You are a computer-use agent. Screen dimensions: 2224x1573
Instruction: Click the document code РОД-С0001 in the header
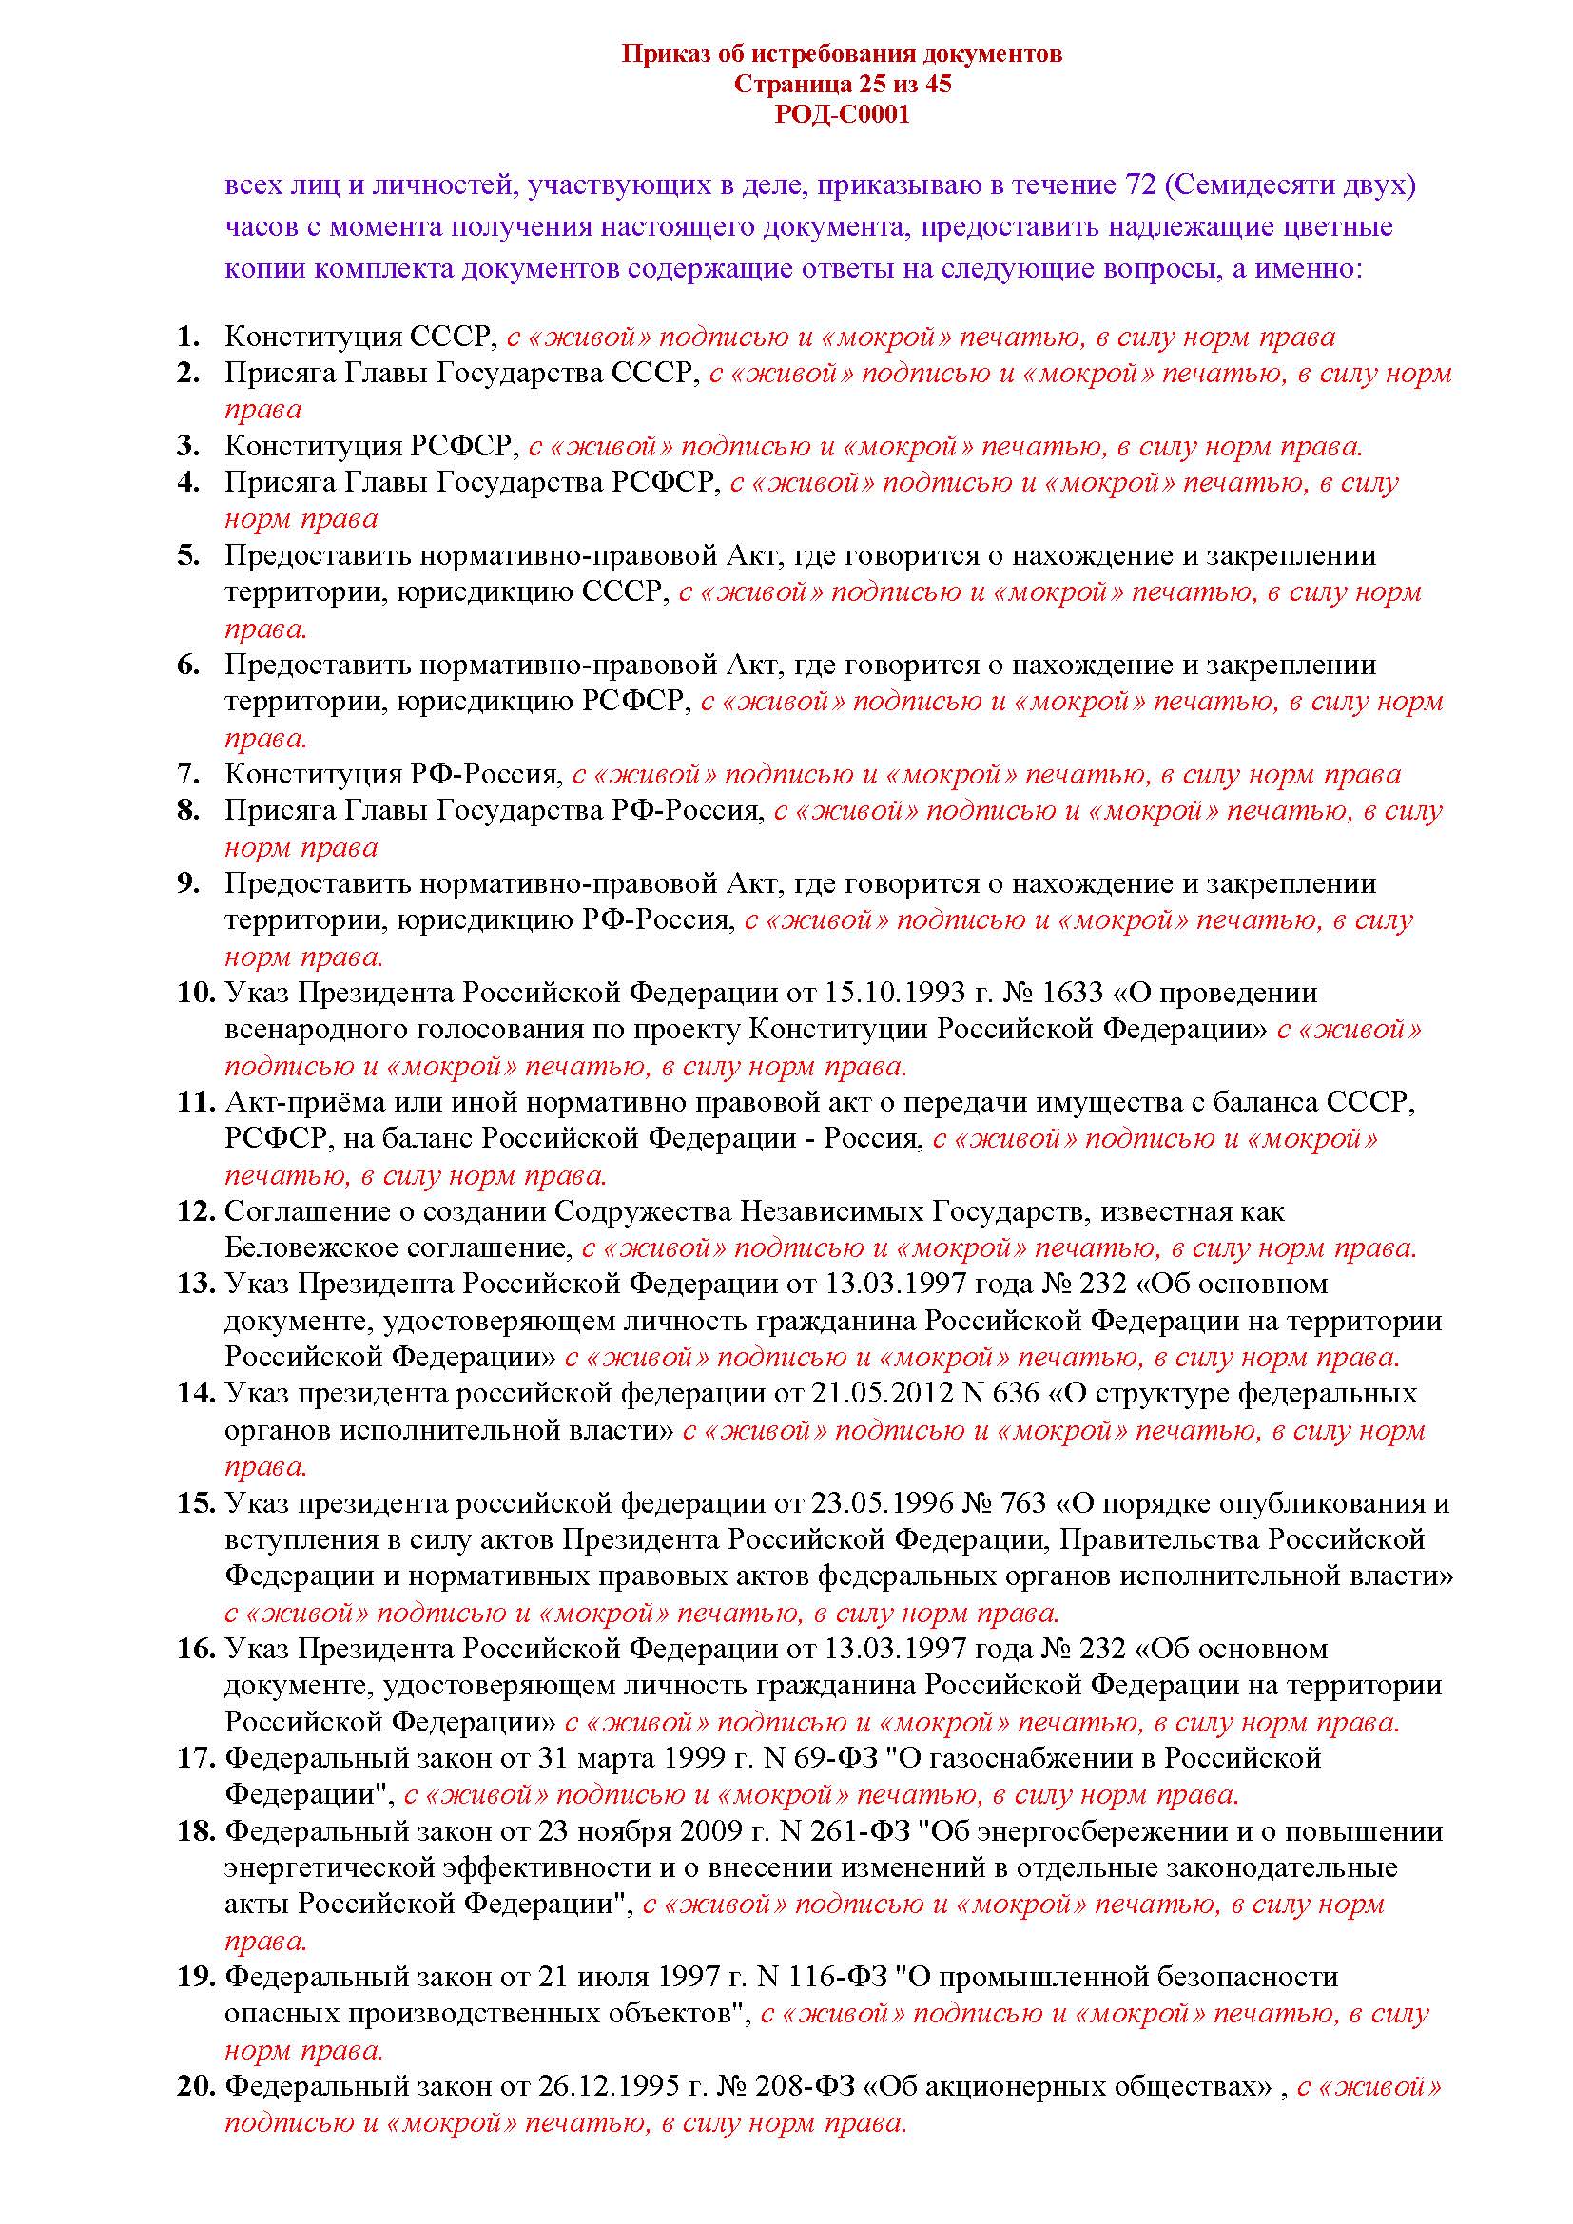pyautogui.click(x=842, y=115)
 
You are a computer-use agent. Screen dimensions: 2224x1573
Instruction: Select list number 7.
pyautogui.click(x=189, y=774)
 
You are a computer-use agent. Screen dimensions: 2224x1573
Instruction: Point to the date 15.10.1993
pyautogui.click(x=894, y=993)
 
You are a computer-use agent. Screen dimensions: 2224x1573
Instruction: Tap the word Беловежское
pyautogui.click(x=317, y=1247)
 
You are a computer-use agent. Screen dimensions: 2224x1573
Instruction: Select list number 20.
pyautogui.click(x=195, y=2086)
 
